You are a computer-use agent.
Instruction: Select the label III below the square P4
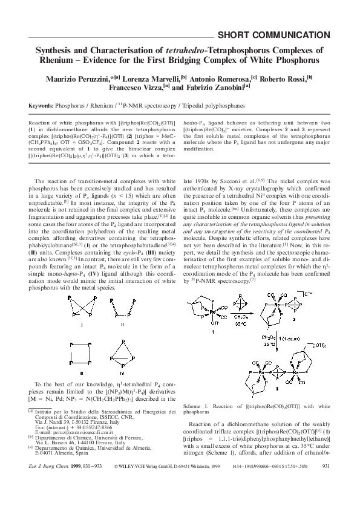click(x=73, y=374)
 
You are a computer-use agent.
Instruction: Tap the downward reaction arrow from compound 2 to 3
click(x=270, y=354)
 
